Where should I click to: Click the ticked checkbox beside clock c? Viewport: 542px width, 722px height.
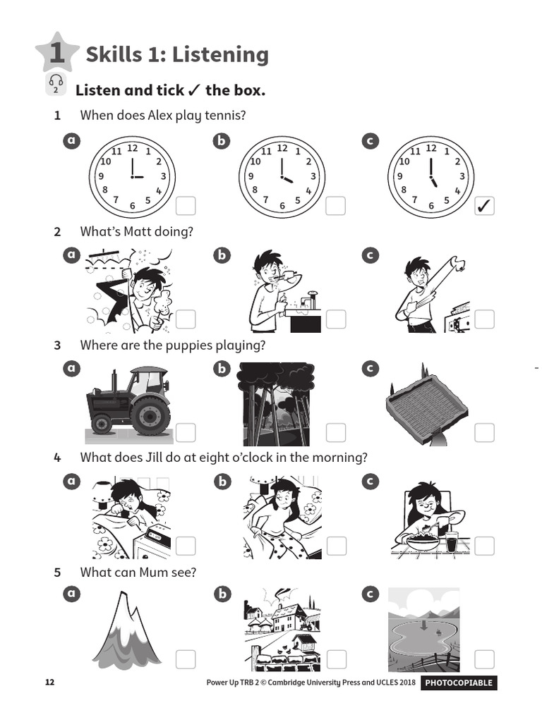(484, 206)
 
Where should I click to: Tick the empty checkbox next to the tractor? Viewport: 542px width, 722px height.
(186, 432)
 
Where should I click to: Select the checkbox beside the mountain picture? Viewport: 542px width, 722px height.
(186, 659)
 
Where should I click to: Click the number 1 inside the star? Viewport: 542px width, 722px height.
(57, 52)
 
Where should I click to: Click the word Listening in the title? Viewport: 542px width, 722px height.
(220, 55)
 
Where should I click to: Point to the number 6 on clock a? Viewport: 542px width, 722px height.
(132, 205)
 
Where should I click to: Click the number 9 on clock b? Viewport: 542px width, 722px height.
(251, 176)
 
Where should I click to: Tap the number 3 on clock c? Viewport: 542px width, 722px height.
(462, 176)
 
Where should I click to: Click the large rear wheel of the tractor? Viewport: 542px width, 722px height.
(148, 416)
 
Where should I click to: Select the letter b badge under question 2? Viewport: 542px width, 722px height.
(222, 255)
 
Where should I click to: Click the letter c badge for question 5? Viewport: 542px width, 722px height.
(370, 594)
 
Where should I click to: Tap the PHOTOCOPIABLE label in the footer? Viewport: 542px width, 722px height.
(459, 683)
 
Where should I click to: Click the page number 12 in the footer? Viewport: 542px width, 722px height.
(50, 682)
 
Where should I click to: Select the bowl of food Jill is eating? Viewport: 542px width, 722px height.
(423, 541)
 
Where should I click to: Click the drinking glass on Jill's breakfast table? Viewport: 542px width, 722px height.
(452, 541)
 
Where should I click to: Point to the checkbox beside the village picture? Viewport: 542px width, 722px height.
(336, 659)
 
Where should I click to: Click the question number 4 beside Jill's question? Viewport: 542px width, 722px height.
(57, 458)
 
